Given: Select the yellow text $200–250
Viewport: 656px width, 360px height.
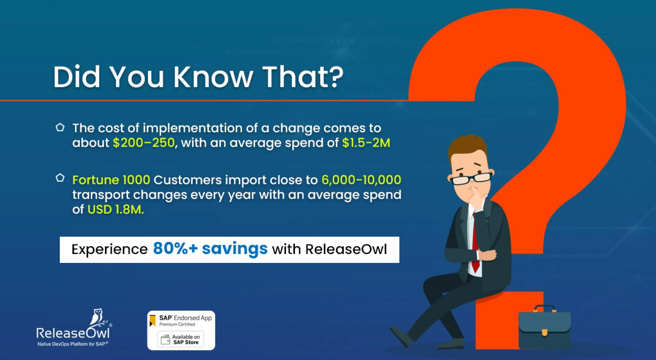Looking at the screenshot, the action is click(x=144, y=143).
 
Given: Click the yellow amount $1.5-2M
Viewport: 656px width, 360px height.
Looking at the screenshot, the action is click(x=366, y=143).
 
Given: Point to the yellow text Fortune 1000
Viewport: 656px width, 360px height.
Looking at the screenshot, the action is click(x=111, y=180).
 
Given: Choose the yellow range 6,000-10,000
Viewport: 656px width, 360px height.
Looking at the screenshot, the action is click(x=361, y=180).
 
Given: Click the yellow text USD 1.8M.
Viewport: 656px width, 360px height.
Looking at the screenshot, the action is click(x=115, y=209).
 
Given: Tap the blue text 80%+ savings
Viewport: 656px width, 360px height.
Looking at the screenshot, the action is click(x=210, y=249).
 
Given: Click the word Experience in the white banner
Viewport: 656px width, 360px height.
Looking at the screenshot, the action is click(x=109, y=249).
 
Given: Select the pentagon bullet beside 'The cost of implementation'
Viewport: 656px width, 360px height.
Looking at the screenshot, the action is click(x=60, y=128).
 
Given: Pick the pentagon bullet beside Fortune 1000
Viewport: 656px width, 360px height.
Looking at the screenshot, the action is click(x=60, y=178).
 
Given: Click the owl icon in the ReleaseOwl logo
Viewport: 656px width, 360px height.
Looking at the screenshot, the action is click(x=98, y=317).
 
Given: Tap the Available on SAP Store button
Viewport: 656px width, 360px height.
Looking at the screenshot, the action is click(x=181, y=339).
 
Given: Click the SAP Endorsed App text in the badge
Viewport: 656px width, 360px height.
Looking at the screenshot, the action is click(x=186, y=318).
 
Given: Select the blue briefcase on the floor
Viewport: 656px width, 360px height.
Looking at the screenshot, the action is click(x=545, y=327).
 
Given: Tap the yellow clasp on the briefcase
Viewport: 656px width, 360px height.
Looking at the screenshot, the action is click(x=545, y=332).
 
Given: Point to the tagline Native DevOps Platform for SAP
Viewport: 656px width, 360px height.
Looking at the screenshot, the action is click(x=73, y=344).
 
